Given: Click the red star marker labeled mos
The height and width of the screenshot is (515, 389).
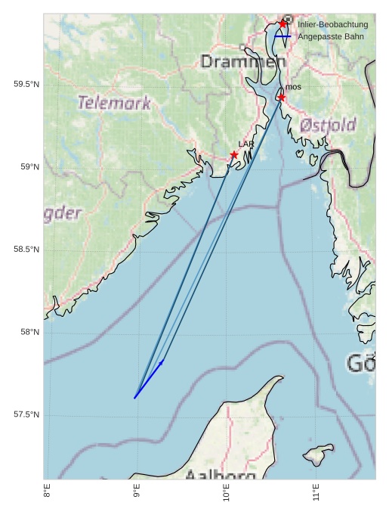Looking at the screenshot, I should click(281, 98).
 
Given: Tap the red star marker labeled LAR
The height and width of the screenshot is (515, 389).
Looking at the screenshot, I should click(234, 155).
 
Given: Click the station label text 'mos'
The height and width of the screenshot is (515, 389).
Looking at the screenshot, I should click(293, 87).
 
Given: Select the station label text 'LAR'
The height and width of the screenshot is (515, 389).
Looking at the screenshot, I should click(246, 144).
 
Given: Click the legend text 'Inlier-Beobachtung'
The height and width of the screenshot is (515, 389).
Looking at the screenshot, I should click(333, 25).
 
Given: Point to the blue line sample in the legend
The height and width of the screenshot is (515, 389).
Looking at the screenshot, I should click(282, 36).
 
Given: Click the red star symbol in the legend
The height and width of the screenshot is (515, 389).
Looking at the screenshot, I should click(282, 24).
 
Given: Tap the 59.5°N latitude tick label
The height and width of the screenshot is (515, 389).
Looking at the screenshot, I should click(26, 85).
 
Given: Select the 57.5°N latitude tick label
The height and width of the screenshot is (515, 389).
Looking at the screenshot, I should click(26, 414).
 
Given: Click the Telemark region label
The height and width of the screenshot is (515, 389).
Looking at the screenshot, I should click(115, 103).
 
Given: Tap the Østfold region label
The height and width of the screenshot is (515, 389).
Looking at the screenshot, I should click(328, 125).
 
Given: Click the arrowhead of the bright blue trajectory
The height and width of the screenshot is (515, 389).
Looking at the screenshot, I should click(162, 362).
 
